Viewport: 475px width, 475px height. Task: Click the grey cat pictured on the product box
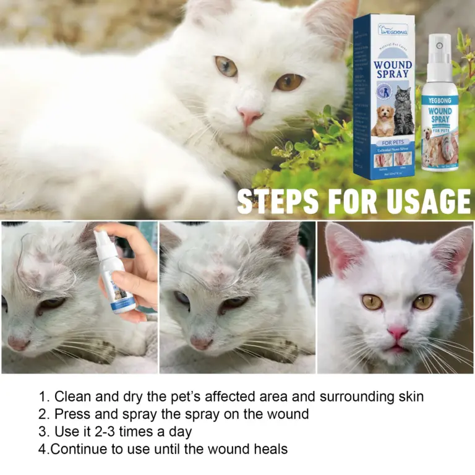pyautogui.click(x=404, y=111)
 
